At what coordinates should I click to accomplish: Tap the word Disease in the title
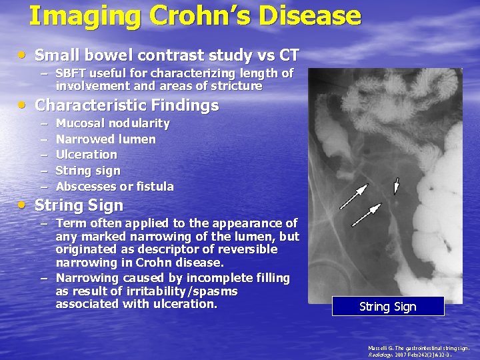(x=309, y=15)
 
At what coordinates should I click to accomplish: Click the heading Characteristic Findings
(x=127, y=105)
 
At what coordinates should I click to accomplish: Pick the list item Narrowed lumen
(x=105, y=139)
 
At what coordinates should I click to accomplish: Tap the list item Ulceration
(x=87, y=155)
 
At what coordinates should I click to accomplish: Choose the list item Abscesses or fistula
(x=115, y=187)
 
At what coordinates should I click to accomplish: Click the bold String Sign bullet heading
(x=79, y=205)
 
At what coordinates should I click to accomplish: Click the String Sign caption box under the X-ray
(x=387, y=307)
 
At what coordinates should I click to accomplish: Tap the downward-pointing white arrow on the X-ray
(x=397, y=186)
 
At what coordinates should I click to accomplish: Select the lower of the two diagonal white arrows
(x=366, y=215)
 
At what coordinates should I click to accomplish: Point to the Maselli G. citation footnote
(x=418, y=351)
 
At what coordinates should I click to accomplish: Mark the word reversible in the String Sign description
(x=240, y=249)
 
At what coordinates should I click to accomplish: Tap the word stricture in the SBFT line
(x=238, y=86)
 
